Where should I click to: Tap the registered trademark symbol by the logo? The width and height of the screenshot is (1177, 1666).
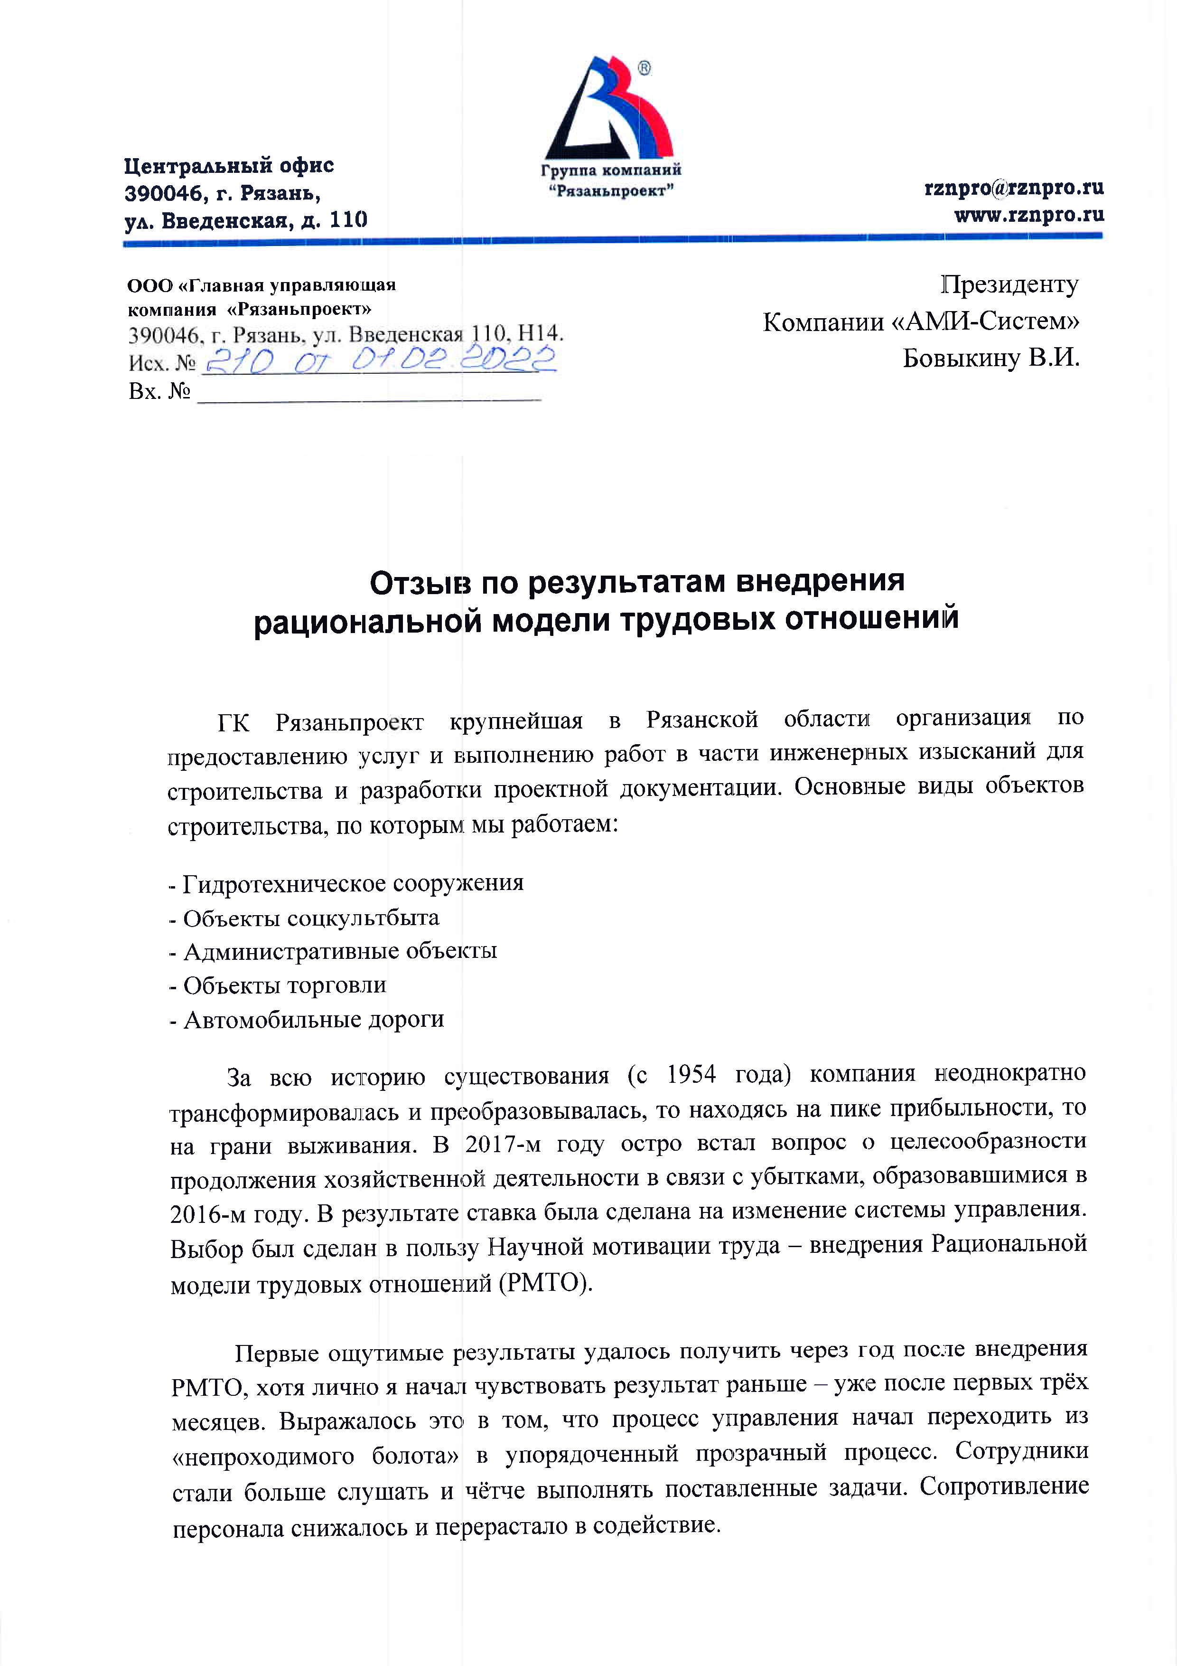click(644, 69)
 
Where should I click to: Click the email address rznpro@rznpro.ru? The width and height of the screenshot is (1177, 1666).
click(1014, 188)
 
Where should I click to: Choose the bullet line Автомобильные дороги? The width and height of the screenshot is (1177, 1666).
click(313, 1020)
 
